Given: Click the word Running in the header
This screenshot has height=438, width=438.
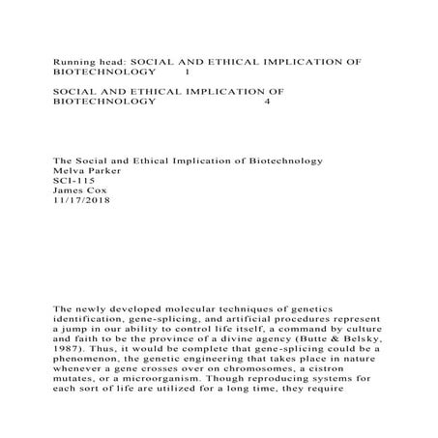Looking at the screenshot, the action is click(x=73, y=60).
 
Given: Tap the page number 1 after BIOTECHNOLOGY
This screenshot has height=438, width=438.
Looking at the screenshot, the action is click(x=187, y=72).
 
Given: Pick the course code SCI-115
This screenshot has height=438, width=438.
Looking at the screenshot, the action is click(x=73, y=180).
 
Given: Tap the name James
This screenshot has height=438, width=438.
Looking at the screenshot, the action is click(x=69, y=190).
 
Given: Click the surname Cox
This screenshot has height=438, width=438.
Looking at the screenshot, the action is click(x=101, y=190).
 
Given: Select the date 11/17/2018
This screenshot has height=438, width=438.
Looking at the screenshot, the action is click(x=81, y=202).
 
